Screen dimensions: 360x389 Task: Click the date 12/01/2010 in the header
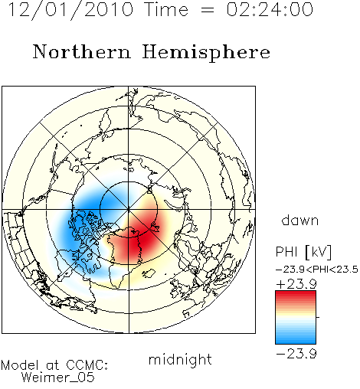click(70, 10)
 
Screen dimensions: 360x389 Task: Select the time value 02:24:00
click(270, 9)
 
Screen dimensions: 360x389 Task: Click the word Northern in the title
click(82, 52)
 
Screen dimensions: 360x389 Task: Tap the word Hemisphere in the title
click(206, 53)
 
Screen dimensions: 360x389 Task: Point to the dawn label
click(300, 220)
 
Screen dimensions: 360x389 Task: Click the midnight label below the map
click(180, 359)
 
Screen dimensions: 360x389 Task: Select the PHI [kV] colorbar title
click(303, 252)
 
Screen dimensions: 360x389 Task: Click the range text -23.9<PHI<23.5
click(317, 270)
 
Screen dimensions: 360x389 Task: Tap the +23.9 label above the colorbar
click(296, 284)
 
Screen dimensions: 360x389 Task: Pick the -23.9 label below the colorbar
click(296, 354)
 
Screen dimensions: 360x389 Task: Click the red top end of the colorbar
click(296, 293)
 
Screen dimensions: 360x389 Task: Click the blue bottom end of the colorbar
click(296, 342)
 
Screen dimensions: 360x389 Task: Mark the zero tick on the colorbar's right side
click(318, 317)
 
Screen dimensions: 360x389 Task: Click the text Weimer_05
click(58, 378)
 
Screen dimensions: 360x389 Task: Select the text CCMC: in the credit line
click(87, 365)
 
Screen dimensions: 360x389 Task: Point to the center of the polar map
click(129, 209)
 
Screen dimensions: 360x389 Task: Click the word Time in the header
click(166, 9)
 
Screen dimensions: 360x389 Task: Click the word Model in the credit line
click(20, 365)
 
